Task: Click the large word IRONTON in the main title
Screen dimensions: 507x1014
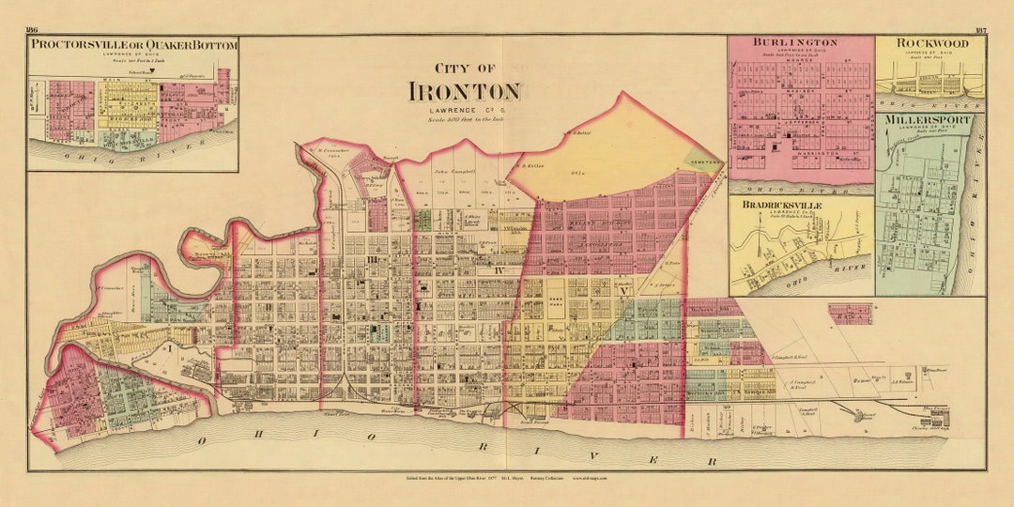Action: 464,91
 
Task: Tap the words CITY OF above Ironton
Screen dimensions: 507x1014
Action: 464,68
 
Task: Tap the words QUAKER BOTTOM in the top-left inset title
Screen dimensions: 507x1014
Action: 187,44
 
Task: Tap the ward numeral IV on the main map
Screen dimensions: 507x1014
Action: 500,271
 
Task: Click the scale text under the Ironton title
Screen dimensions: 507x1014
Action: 464,119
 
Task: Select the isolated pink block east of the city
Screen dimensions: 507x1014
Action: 850,314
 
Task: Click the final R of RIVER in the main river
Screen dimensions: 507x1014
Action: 713,461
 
